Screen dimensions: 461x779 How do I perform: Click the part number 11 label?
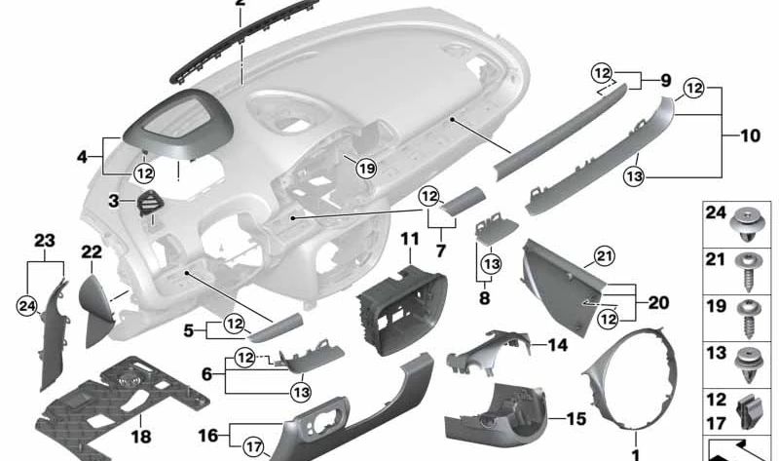pos(408,238)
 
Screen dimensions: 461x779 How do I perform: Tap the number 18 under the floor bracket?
pos(141,437)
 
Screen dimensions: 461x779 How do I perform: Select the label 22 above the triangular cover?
pos(92,251)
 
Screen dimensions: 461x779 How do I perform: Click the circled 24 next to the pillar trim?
pos(27,307)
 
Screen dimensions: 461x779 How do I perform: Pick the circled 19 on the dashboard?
pos(365,169)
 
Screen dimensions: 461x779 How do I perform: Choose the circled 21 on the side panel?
pos(605,256)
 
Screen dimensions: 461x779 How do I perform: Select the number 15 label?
pos(575,419)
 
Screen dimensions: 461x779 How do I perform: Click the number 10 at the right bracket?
pos(750,136)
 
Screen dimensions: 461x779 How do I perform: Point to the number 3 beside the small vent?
pos(114,201)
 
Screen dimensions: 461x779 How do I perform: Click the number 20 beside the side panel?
pos(658,303)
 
